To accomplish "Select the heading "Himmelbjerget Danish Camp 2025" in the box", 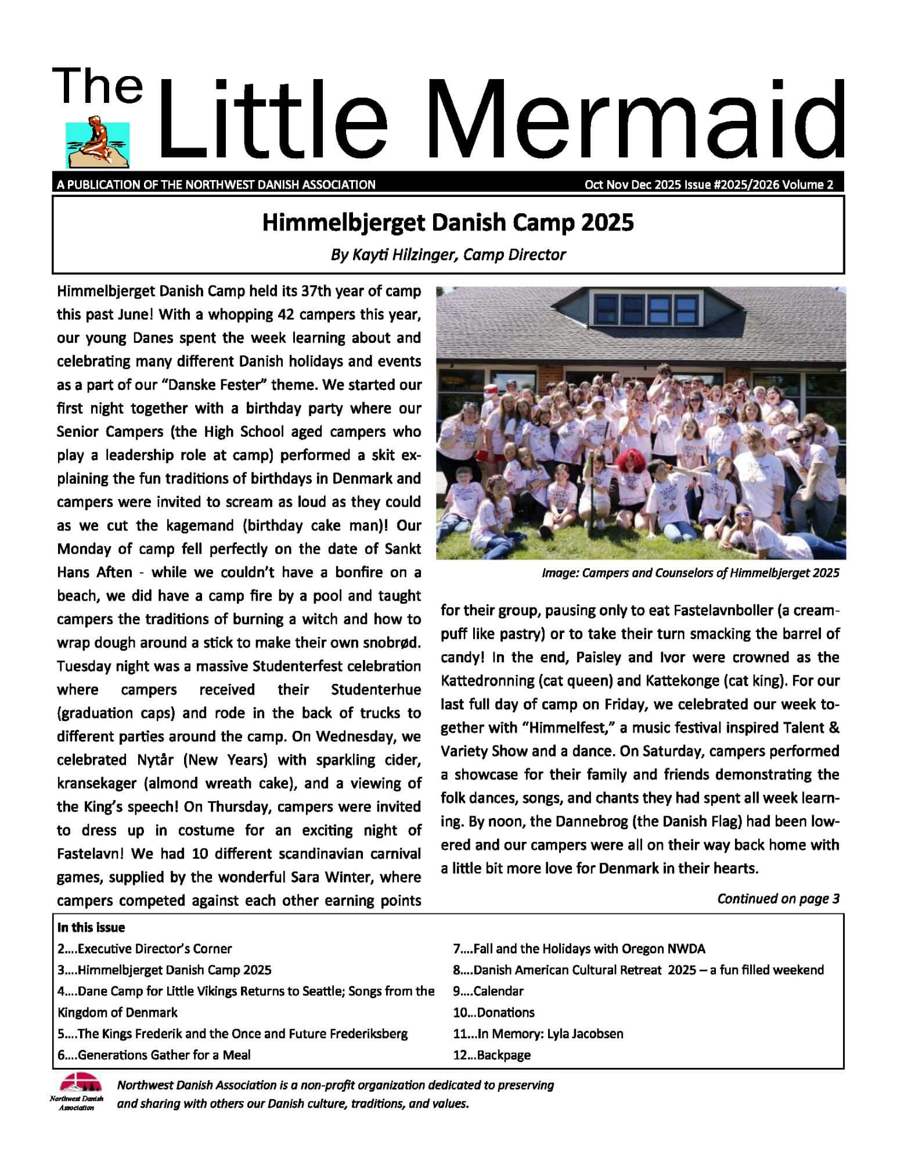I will [x=448, y=223].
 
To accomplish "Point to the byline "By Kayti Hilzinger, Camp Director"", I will [x=448, y=254].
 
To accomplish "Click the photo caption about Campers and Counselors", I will [x=690, y=573].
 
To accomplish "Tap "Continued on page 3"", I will [x=778, y=899].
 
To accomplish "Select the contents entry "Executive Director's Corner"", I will [x=154, y=949].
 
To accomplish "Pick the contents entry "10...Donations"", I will [x=493, y=1012].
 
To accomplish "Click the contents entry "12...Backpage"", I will [x=491, y=1055].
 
